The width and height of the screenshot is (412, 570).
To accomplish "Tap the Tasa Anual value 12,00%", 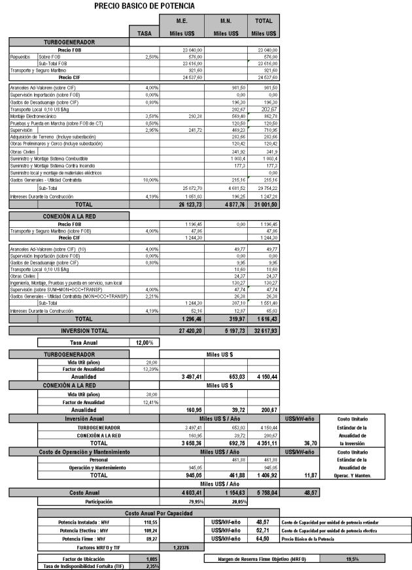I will click(x=144, y=342).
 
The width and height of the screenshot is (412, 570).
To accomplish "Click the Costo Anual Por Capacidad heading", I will click(x=158, y=513).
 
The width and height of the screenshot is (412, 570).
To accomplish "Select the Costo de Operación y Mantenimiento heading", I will click(x=69, y=452).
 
